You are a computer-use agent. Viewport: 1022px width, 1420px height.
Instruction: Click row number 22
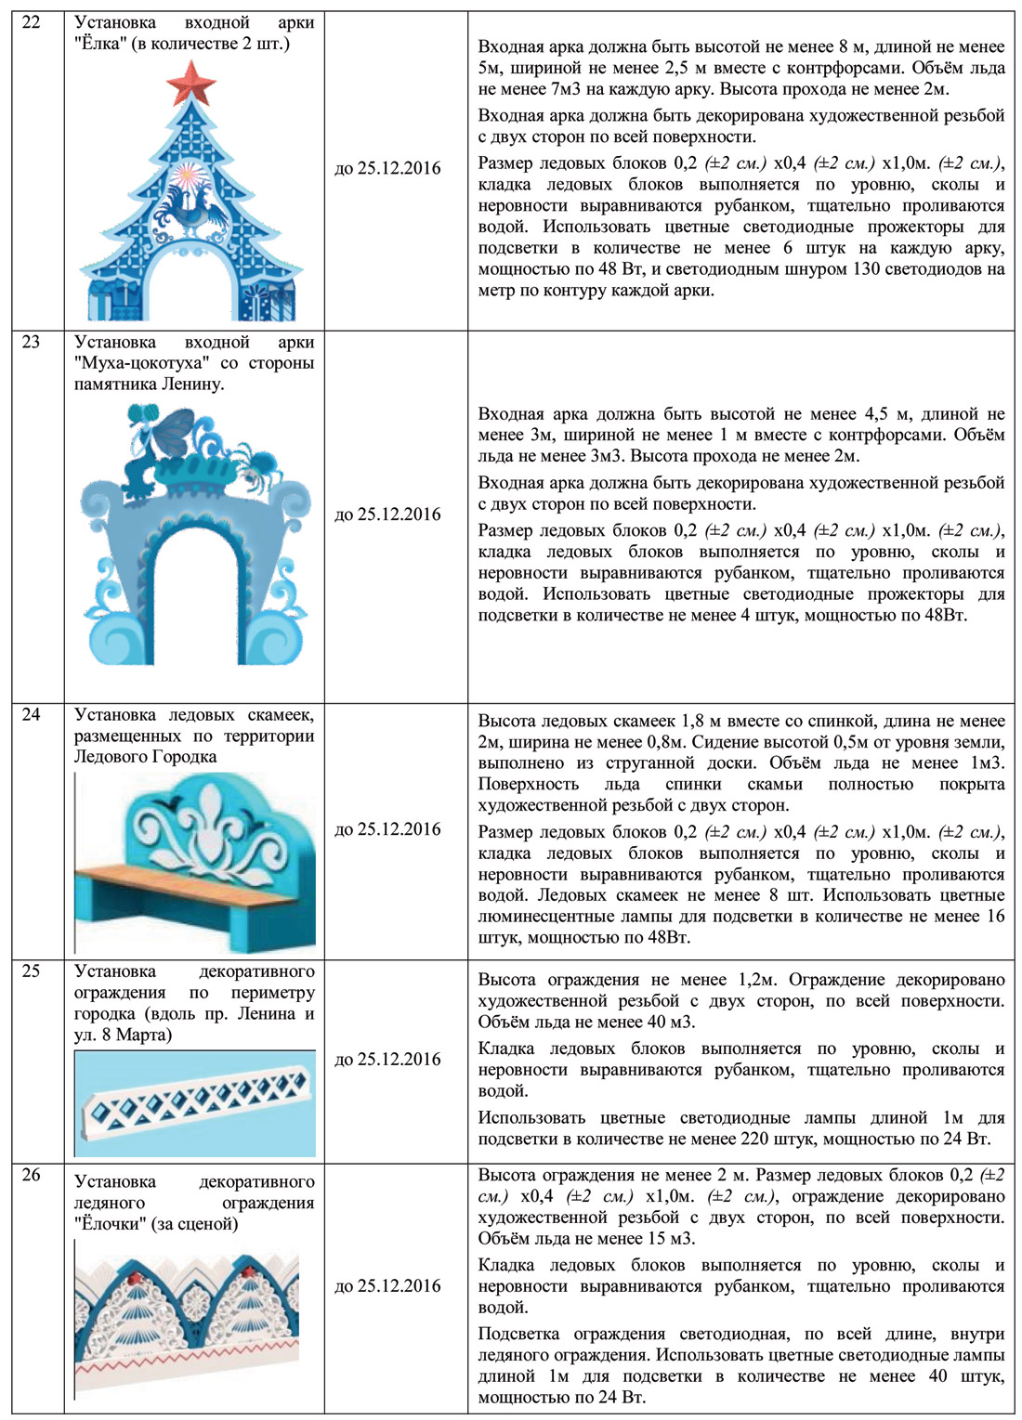click(x=31, y=22)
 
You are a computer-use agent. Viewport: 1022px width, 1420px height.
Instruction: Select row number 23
click(x=31, y=342)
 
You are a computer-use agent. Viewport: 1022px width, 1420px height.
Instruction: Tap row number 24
click(x=31, y=714)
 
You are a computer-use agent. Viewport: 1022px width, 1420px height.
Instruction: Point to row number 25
click(x=31, y=971)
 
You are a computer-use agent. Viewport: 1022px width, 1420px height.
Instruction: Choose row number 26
click(x=31, y=1175)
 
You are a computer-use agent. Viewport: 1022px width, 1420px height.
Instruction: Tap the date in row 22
click(x=387, y=168)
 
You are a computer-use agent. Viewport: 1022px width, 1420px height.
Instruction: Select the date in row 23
click(x=387, y=515)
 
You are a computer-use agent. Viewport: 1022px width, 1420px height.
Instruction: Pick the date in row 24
click(x=387, y=829)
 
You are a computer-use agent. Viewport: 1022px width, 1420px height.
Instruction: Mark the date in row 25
click(x=387, y=1059)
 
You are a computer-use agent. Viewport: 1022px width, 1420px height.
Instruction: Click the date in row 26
click(x=387, y=1286)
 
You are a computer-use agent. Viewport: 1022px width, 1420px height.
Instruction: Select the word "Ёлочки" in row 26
click(x=107, y=1224)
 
